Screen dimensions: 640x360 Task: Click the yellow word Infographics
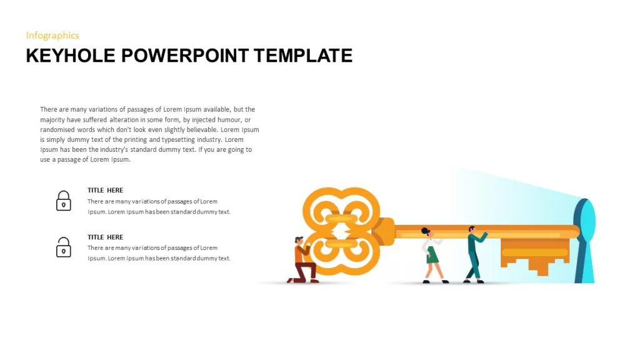[52, 36]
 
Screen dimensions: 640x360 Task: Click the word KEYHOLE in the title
[71, 56]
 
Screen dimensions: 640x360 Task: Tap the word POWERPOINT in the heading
[185, 56]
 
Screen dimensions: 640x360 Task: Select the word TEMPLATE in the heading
[303, 56]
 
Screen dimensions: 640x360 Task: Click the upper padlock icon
[63, 201]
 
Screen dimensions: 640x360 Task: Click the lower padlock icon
[63, 247]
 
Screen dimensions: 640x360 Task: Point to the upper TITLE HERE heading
[105, 190]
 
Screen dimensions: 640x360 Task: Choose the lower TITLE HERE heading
[105, 237]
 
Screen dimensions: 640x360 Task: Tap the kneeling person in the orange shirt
[303, 261]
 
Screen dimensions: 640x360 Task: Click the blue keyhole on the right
[584, 241]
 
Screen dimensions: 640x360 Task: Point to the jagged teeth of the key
[535, 256]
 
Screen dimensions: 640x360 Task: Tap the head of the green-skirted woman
[426, 232]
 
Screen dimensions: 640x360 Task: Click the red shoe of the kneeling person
[315, 281]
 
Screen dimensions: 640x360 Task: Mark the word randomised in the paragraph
[57, 130]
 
